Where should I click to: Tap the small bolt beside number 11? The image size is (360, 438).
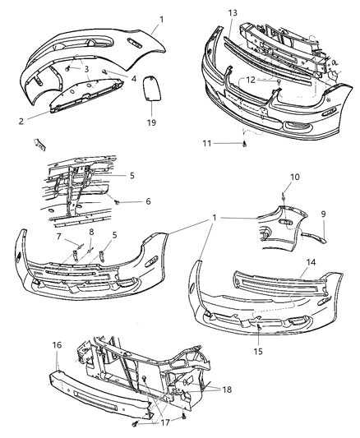[x=245, y=145]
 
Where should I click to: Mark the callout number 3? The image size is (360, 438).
[x=85, y=70]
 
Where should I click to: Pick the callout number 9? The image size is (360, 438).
[x=324, y=214]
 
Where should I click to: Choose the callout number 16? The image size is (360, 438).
[x=57, y=346]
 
